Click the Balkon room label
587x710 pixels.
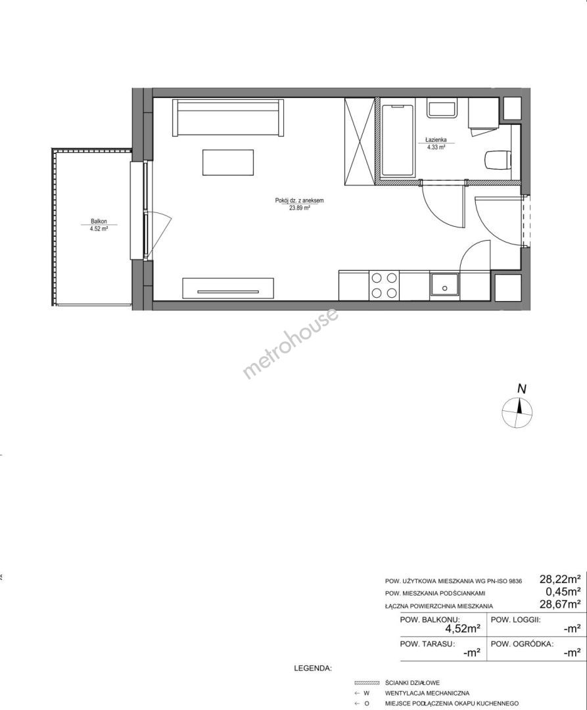pos(99,222)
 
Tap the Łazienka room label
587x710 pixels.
pos(435,140)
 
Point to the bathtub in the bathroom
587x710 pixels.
pos(398,141)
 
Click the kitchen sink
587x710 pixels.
pos(444,285)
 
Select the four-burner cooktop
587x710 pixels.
pos(385,285)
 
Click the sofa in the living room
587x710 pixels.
pos(229,118)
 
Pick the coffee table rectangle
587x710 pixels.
pos(228,162)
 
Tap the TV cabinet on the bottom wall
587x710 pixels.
pos(228,289)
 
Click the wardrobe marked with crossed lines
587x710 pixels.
pos(360,141)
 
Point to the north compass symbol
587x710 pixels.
pos(517,412)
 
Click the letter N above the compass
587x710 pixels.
pos(523,389)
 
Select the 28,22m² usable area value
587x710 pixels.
pos(560,579)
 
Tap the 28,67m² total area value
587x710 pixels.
pos(560,603)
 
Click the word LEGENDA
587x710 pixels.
pos(313,668)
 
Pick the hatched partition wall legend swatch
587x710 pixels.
pos(366,682)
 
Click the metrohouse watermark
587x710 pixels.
pos(291,343)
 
